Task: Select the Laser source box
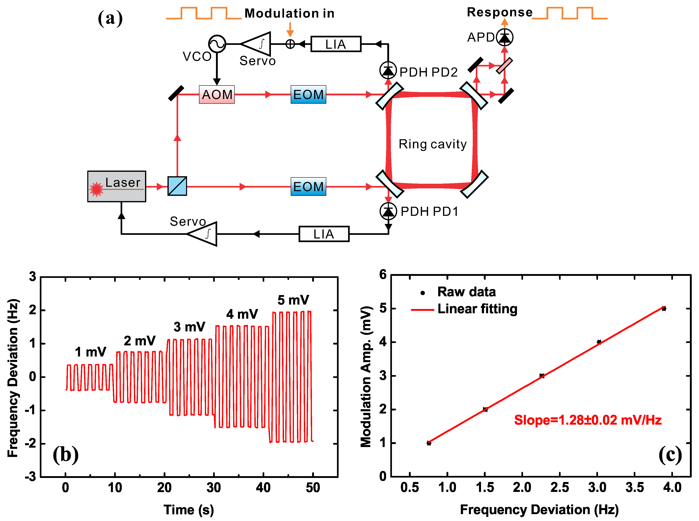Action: pyautogui.click(x=116, y=186)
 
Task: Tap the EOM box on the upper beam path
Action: pyautogui.click(x=308, y=94)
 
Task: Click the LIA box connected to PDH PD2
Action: pyautogui.click(x=336, y=44)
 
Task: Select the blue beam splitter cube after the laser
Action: pyautogui.click(x=177, y=186)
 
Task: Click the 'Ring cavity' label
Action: pyautogui.click(x=432, y=144)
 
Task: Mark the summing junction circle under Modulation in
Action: pyautogui.click(x=290, y=44)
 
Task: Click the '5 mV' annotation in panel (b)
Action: pyautogui.click(x=293, y=300)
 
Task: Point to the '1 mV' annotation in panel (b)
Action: pyautogui.click(x=91, y=352)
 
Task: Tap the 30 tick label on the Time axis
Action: pyautogui.click(x=214, y=488)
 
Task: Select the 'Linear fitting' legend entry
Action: pyautogui.click(x=477, y=309)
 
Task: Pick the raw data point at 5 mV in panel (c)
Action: pyautogui.click(x=664, y=309)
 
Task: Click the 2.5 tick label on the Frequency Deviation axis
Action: pyautogui.click(x=560, y=488)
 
